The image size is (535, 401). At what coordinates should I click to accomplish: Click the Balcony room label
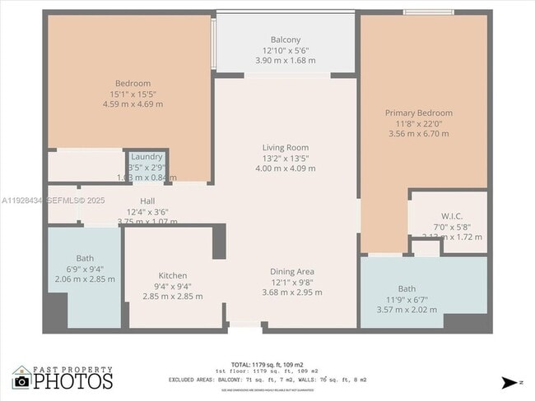pyautogui.click(x=286, y=39)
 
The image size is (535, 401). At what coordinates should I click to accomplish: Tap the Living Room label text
pyautogui.click(x=286, y=147)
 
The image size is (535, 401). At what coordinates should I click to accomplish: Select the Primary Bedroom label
pyautogui.click(x=419, y=113)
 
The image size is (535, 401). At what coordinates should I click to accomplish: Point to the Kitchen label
pyautogui.click(x=173, y=275)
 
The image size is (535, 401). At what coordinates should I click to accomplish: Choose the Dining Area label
pyautogui.click(x=292, y=271)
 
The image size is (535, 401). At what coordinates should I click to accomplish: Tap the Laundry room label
pyautogui.click(x=147, y=156)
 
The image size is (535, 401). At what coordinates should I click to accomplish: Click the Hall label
pyautogui.click(x=147, y=200)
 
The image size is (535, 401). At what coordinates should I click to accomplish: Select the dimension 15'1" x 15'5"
pyautogui.click(x=132, y=94)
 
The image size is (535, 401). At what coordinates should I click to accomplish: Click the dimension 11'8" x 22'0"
pyautogui.click(x=419, y=123)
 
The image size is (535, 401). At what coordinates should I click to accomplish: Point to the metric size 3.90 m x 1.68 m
pyautogui.click(x=286, y=60)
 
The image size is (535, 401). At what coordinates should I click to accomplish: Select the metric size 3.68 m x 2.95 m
pyautogui.click(x=292, y=292)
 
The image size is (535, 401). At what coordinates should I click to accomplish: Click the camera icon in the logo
pyautogui.click(x=22, y=380)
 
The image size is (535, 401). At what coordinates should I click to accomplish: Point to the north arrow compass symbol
pyautogui.click(x=510, y=382)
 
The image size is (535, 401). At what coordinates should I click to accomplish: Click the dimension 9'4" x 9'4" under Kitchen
pyautogui.click(x=173, y=286)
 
